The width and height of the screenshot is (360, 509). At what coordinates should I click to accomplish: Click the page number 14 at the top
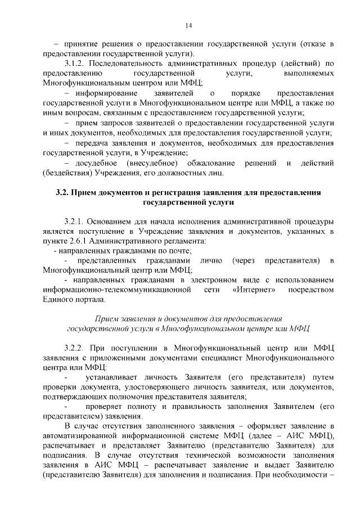tap(188, 25)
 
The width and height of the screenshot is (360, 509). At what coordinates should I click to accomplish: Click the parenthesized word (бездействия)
tap(67, 172)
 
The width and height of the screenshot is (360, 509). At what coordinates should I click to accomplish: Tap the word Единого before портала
tap(59, 300)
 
